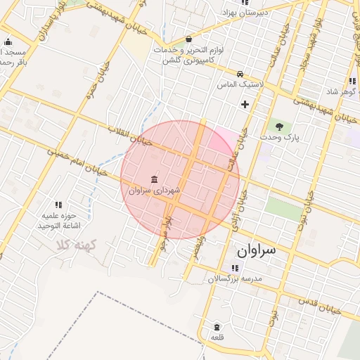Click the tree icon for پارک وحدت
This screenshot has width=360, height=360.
[x=280, y=127]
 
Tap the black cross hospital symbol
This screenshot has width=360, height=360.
[x=245, y=105]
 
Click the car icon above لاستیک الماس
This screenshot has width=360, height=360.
[x=241, y=74]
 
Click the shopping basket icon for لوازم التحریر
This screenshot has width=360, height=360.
[x=188, y=40]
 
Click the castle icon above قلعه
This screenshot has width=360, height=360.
[x=217, y=328]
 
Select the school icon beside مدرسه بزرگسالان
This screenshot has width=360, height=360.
[x=234, y=268]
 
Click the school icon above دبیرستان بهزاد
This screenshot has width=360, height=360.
[x=244, y=3]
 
